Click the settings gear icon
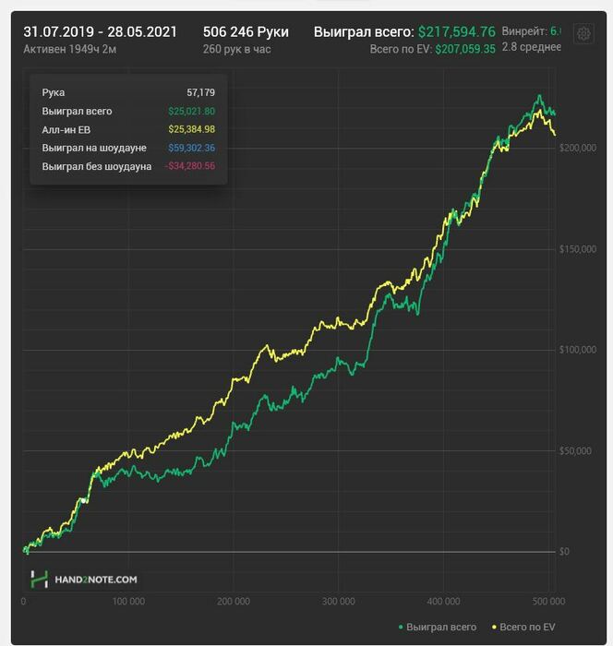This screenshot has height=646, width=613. (x=583, y=34)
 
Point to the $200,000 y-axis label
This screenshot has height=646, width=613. (x=579, y=148)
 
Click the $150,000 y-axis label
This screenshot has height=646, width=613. (x=579, y=249)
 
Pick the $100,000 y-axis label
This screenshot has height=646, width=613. (x=579, y=350)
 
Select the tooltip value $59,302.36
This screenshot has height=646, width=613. (x=191, y=148)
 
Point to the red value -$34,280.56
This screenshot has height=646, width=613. (x=189, y=166)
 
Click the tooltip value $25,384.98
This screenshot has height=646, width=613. (x=191, y=129)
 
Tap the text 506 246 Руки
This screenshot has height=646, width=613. (x=246, y=30)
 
